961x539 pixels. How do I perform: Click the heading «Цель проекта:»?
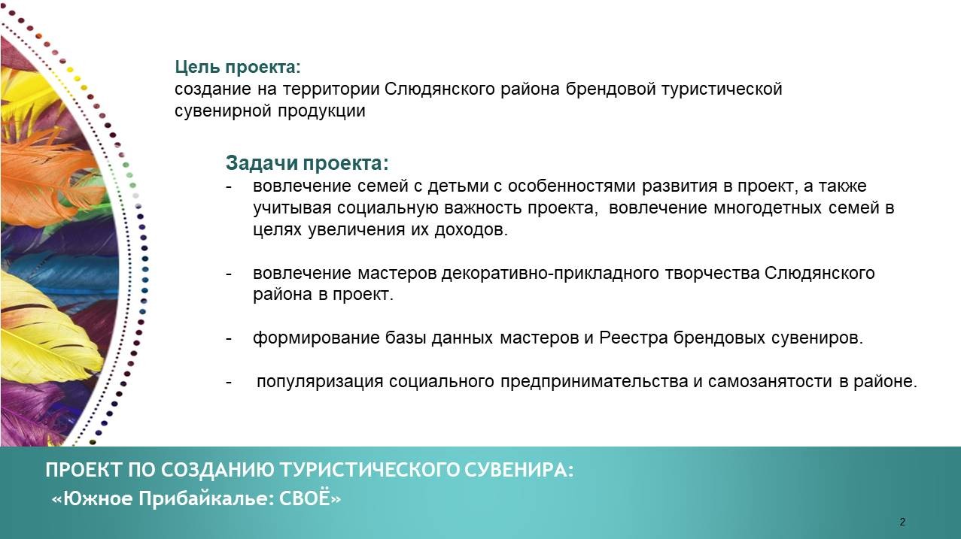click(238, 67)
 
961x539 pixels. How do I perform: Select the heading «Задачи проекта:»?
click(307, 163)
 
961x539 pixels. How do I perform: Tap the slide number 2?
click(902, 522)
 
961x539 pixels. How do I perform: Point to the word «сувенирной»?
click(223, 111)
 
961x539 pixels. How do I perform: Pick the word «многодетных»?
click(768, 207)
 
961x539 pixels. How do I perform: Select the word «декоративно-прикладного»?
click(550, 274)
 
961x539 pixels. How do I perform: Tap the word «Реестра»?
click(634, 338)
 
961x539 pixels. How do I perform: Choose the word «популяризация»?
click(320, 381)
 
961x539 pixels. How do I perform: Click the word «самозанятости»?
click(770, 381)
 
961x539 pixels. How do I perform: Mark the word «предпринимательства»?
click(595, 381)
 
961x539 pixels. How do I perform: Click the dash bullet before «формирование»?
click(229, 339)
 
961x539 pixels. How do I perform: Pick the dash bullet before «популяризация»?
click(229, 382)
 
